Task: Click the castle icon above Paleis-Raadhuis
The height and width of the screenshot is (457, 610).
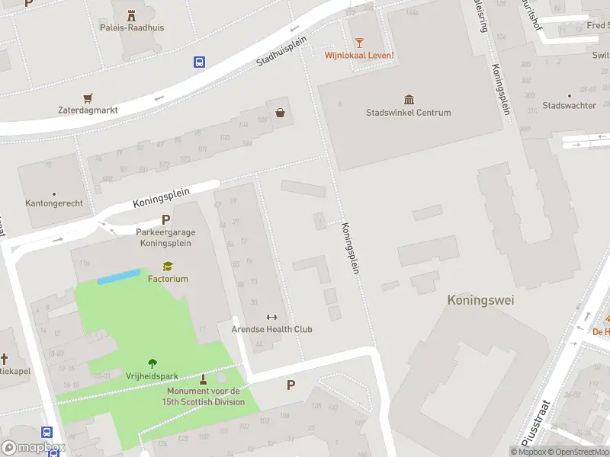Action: tap(131, 14)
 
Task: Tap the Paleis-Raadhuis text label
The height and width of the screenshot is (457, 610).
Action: tap(131, 28)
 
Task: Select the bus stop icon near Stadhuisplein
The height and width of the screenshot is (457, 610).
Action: tap(200, 62)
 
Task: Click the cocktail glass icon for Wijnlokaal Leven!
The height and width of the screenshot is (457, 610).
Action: tap(358, 42)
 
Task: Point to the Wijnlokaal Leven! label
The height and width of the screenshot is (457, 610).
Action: tap(358, 55)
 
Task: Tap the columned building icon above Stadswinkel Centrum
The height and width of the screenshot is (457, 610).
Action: tap(409, 100)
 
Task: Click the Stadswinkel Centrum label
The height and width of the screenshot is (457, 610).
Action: tap(408, 113)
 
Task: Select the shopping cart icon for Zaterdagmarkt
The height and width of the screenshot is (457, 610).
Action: tap(88, 97)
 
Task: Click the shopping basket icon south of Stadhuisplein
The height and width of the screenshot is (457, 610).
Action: tap(281, 113)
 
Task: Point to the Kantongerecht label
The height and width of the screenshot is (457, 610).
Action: tap(54, 203)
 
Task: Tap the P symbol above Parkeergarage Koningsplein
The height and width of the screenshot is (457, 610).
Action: tap(165, 219)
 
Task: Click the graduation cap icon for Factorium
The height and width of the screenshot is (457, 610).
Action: tap(168, 266)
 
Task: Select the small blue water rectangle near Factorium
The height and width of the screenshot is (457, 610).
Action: tap(119, 276)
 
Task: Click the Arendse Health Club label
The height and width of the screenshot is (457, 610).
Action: tap(271, 329)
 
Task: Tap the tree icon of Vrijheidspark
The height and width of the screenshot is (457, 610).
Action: tap(152, 363)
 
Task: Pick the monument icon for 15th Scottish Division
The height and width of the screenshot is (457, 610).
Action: tap(203, 379)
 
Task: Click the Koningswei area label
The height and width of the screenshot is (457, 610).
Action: tap(480, 300)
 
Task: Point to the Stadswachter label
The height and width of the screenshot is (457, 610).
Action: tap(569, 106)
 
